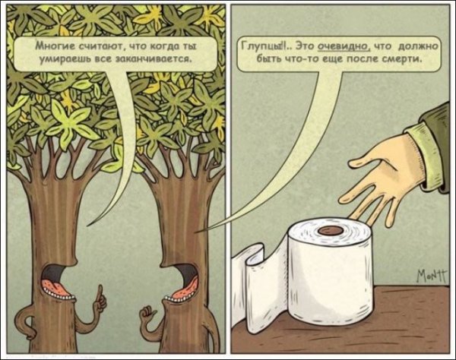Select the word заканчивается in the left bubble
click(154, 59)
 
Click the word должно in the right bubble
click(417, 46)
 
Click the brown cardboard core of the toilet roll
click(331, 231)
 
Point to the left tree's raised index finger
click(100, 293)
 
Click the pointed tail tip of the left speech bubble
click(88, 225)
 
